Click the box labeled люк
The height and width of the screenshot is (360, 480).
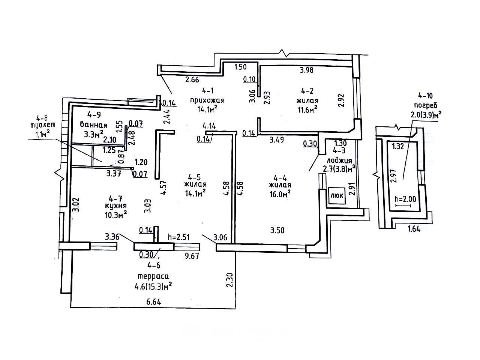point(337,195)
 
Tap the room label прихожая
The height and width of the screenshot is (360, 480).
point(207,100)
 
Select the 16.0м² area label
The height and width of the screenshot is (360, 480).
point(280,193)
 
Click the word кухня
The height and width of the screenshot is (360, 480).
point(116,206)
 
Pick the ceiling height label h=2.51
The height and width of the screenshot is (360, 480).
point(179,237)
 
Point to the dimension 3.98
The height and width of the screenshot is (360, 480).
point(307,69)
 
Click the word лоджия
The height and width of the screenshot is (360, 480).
point(339,160)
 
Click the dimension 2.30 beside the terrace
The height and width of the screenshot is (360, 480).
point(230,279)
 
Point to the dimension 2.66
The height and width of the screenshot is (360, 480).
point(192,79)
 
